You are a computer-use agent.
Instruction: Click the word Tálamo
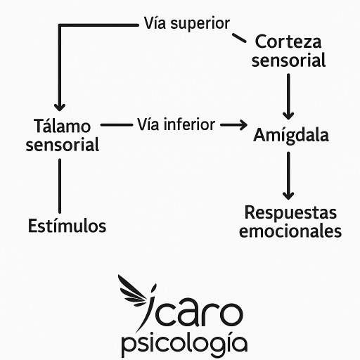coord(62,127)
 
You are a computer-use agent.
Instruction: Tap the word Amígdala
coord(290,134)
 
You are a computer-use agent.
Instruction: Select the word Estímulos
coord(67,226)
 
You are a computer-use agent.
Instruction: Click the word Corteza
coord(289,41)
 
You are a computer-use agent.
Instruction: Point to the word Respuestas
coord(290,212)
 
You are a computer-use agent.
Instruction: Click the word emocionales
coord(290,231)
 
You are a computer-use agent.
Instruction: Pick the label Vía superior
coord(186,23)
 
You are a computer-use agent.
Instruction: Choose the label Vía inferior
coord(176,124)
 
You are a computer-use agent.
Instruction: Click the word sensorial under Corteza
coord(289,60)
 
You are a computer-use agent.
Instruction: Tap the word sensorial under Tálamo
coord(62,145)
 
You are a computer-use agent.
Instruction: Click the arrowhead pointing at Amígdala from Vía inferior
coord(243,125)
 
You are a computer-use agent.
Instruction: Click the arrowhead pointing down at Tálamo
coord(61,104)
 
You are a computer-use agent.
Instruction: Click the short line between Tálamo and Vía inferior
coord(116,125)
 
